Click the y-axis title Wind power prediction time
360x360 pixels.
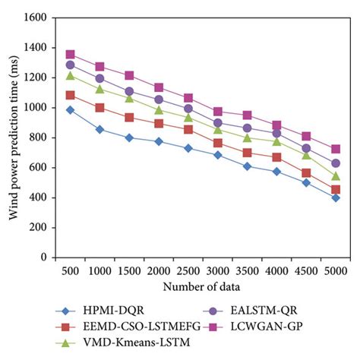tap(13, 137)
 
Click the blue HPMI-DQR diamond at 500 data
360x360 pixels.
tap(70, 110)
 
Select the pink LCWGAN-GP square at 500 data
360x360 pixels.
tap(70, 55)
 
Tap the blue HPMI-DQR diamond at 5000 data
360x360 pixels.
tap(335, 197)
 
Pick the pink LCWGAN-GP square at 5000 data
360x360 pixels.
tap(335, 149)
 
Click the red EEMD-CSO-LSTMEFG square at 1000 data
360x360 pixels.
tap(99, 108)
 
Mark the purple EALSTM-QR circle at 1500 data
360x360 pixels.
tap(129, 91)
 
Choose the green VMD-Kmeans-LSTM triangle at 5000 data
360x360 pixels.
tap(335, 176)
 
